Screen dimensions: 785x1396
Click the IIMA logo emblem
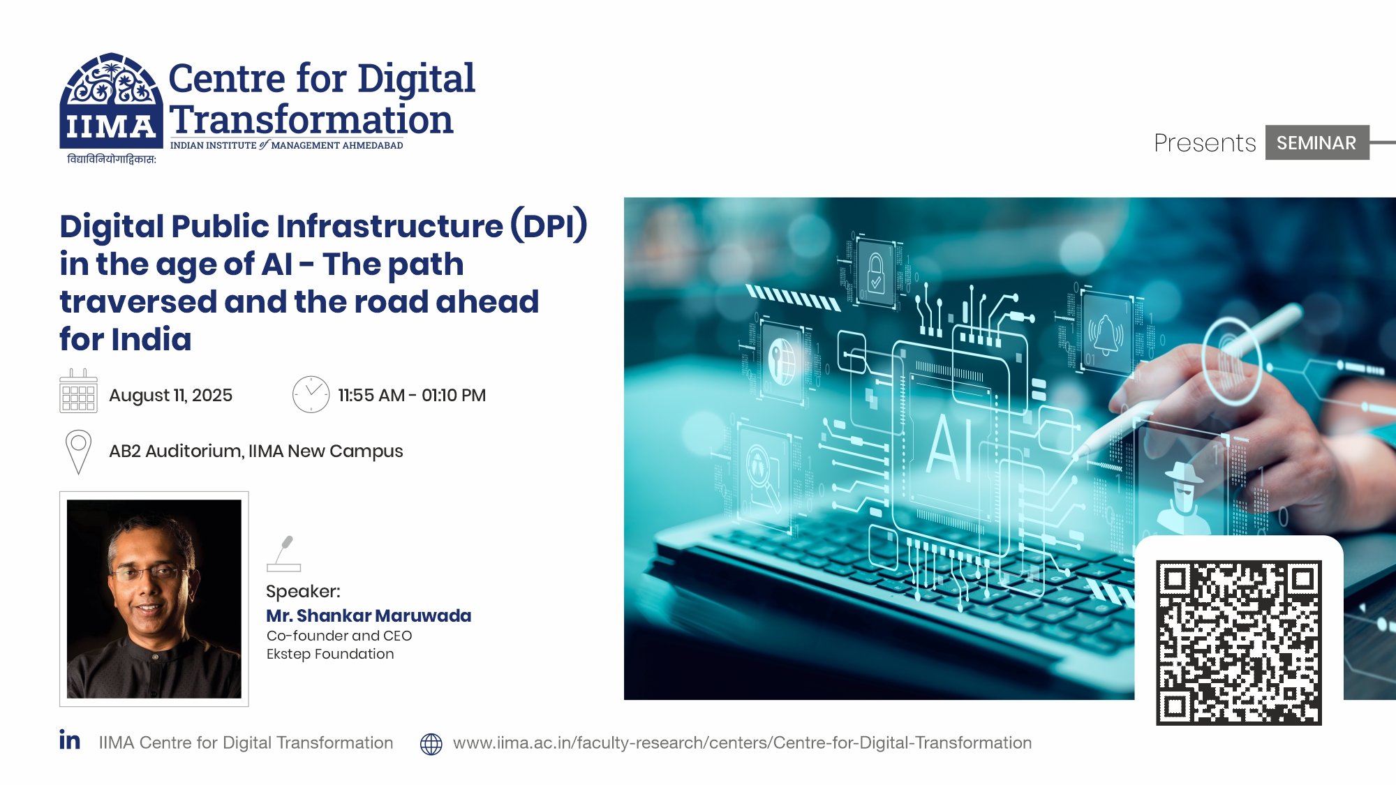click(110, 101)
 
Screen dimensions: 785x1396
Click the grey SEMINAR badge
click(1316, 143)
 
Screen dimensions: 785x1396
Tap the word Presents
click(1205, 143)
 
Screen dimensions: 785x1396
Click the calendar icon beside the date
click(78, 392)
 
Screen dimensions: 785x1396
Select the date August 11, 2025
click(170, 396)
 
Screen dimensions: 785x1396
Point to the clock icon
click(311, 394)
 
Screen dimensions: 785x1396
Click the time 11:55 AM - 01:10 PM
click(412, 396)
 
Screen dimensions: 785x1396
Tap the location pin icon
click(78, 451)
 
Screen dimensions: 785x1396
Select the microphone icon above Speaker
click(284, 554)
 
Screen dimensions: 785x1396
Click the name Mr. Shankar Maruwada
click(369, 615)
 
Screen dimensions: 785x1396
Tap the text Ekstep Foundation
click(330, 654)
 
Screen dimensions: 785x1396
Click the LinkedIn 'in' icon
click(70, 740)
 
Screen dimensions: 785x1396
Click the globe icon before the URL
click(431, 744)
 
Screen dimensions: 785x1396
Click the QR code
click(1238, 642)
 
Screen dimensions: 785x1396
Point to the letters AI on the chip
click(949, 447)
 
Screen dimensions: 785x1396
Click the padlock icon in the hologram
click(876, 274)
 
